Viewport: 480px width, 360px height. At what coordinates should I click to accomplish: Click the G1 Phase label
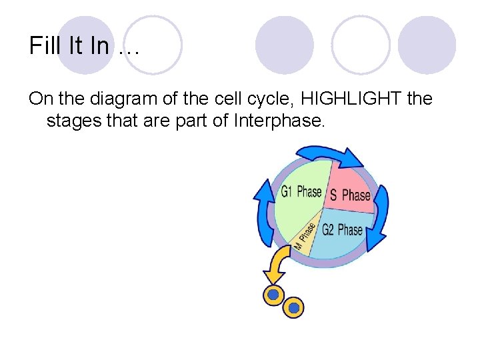pyautogui.click(x=301, y=192)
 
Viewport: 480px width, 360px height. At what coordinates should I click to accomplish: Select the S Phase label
pyautogui.click(x=350, y=195)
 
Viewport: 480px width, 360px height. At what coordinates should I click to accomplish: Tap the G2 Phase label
pyautogui.click(x=342, y=230)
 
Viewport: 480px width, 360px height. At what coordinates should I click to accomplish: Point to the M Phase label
pyautogui.click(x=305, y=236)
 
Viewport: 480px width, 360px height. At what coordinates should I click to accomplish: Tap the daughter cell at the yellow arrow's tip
pyautogui.click(x=272, y=294)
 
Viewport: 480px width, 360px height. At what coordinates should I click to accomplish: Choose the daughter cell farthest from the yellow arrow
pyautogui.click(x=293, y=308)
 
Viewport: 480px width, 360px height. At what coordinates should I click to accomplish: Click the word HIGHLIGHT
pyautogui.click(x=345, y=99)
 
